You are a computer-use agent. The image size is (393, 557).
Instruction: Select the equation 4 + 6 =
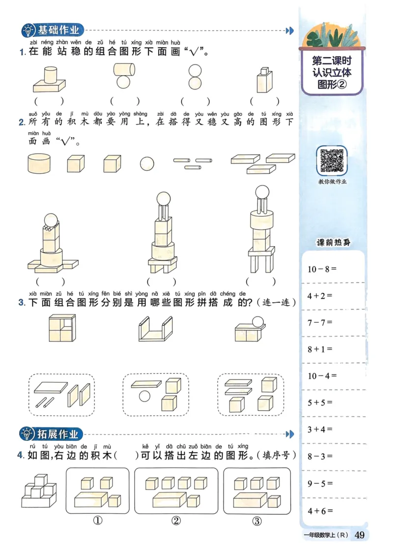pos(320,511)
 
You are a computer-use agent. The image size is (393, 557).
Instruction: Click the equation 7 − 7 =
pos(320,322)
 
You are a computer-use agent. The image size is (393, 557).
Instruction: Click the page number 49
pos(359,535)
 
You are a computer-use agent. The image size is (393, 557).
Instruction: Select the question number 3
pos(22,303)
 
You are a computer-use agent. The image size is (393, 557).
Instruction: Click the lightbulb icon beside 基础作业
pos(28,31)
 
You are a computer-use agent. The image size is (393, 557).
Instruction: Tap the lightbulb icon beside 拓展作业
pos(28,434)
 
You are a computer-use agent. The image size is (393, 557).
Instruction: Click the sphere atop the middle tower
pos(163,198)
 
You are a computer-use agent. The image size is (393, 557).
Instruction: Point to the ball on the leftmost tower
pos(51,218)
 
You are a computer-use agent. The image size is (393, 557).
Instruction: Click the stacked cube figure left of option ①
pos(41,491)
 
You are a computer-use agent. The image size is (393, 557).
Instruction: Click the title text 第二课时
pos(332,62)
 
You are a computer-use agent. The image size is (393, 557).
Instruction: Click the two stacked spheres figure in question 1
pos(195,77)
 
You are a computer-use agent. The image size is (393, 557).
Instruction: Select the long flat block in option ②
pos(169,499)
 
